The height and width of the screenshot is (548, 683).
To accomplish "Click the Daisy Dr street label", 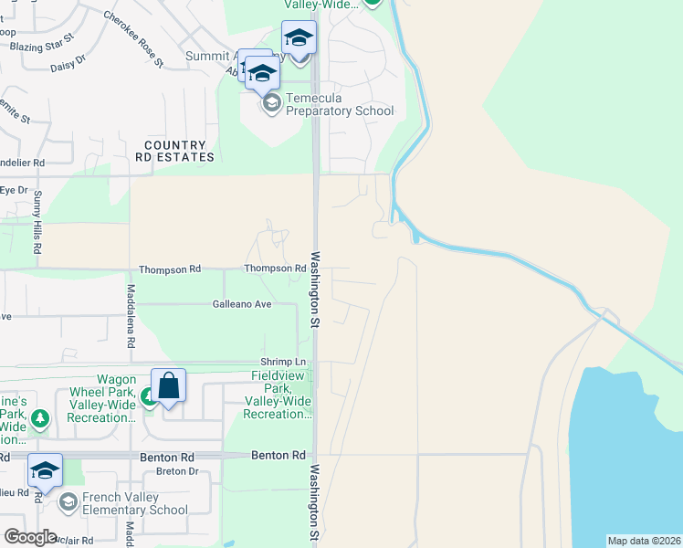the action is pos(68,61).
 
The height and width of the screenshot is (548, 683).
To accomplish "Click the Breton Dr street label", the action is pos(177,471).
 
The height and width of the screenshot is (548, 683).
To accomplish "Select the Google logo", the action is pos(30,537).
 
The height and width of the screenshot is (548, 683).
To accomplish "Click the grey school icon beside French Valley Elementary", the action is pos(68,502).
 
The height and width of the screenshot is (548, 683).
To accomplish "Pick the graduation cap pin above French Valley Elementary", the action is pos(45,471).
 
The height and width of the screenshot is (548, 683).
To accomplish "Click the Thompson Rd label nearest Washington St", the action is pos(274,269).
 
